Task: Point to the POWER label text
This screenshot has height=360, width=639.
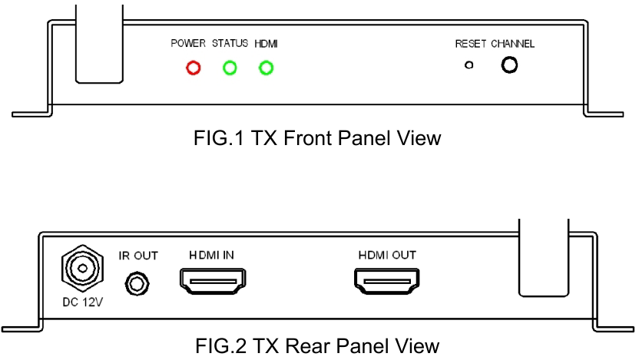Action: click(188, 43)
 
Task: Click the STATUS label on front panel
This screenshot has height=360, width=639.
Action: click(230, 43)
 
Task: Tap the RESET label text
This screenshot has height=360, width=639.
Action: click(471, 44)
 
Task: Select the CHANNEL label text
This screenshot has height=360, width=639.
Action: click(513, 44)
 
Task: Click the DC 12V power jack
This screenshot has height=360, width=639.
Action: click(82, 269)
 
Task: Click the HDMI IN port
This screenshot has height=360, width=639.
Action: click(213, 281)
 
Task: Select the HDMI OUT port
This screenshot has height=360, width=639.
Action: click(387, 281)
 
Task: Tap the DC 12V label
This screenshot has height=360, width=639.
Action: click(83, 302)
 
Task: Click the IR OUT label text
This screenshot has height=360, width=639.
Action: click(138, 256)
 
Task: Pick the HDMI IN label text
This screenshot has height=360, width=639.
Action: click(211, 255)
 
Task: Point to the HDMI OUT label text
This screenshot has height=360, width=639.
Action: click(387, 255)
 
